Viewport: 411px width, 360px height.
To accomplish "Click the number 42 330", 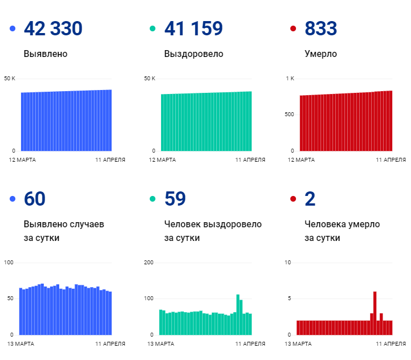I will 53,28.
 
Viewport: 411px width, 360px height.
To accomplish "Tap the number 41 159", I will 193,28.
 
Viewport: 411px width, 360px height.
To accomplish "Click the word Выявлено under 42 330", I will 46,54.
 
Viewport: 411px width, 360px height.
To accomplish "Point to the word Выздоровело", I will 194,54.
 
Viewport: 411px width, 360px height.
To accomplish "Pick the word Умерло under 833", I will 320,54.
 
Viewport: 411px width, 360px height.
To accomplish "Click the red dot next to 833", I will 293,28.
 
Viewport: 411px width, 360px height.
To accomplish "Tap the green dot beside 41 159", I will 152,28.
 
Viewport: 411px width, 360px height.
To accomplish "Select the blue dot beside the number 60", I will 12,199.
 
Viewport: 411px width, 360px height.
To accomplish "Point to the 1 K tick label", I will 290,78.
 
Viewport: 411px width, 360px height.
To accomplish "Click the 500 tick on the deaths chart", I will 289,114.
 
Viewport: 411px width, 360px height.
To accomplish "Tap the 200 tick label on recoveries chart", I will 150,263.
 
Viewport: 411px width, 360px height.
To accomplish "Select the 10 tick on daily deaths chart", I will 288,263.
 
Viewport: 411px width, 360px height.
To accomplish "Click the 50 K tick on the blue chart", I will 9,78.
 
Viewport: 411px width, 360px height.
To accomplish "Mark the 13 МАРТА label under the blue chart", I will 20,343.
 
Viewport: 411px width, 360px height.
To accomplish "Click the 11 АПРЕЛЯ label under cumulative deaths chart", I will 391,159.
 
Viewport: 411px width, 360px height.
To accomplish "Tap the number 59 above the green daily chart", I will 175,199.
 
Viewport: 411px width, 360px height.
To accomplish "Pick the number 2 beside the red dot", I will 310,199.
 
